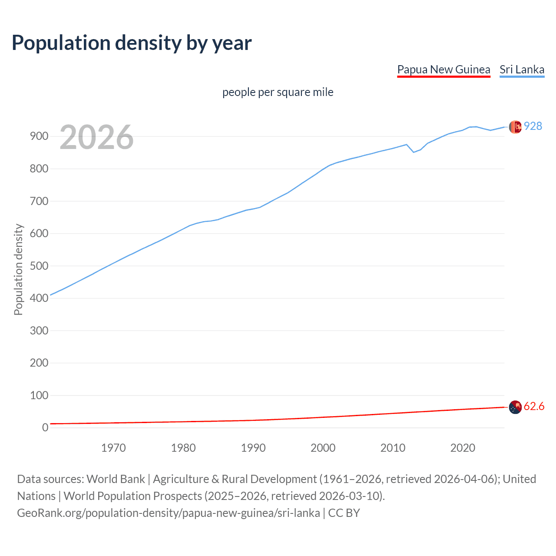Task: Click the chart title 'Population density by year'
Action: click(132, 43)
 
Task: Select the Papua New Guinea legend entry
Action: click(443, 69)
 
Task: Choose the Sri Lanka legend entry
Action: click(522, 69)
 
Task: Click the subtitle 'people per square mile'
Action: click(278, 93)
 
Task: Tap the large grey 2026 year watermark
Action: click(96, 137)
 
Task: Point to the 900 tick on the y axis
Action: click(39, 136)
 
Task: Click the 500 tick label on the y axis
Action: click(39, 266)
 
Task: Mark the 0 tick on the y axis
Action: click(45, 428)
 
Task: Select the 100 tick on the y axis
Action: click(39, 395)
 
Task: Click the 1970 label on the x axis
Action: click(113, 448)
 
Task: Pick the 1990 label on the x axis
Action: click(253, 448)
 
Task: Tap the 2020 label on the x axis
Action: click(463, 448)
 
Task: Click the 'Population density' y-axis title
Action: click(18, 269)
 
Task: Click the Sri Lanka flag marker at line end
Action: click(515, 127)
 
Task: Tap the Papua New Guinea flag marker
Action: click(515, 407)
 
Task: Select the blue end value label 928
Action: click(533, 126)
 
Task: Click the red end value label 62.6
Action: click(534, 407)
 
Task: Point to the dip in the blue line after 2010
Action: click(414, 152)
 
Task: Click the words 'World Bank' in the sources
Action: click(116, 479)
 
